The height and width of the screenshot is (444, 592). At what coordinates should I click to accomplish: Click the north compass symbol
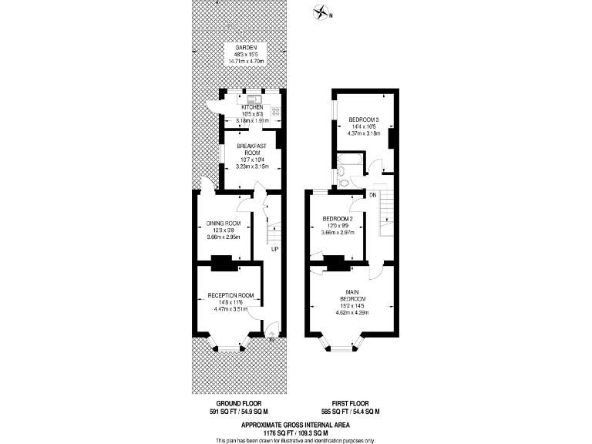(x=321, y=12)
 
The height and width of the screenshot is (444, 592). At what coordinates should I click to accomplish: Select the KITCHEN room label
(x=252, y=107)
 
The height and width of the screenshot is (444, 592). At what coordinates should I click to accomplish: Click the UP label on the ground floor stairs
(x=274, y=250)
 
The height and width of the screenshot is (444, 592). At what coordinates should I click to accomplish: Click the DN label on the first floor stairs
(x=372, y=196)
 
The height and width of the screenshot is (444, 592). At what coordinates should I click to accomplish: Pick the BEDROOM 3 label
(x=364, y=119)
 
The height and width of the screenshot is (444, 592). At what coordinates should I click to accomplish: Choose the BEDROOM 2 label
(x=338, y=219)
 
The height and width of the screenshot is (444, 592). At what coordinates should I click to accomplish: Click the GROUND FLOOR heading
(x=236, y=403)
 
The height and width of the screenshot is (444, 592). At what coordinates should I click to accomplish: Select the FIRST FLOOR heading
(x=350, y=403)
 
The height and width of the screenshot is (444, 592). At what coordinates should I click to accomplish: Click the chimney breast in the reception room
(x=222, y=263)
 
